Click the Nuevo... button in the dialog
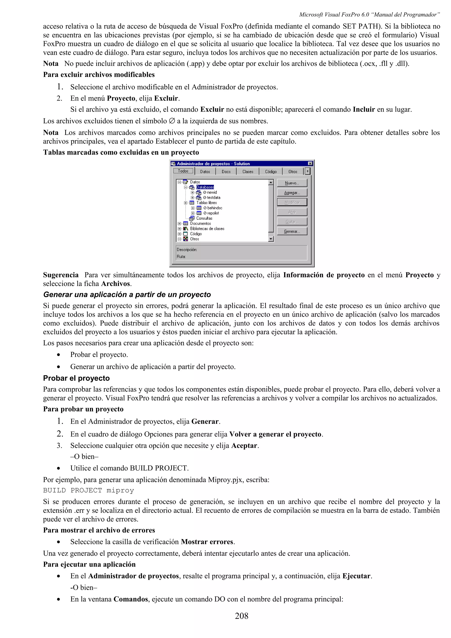[x=292, y=183]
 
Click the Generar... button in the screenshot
[x=292, y=231]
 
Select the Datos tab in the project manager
[x=205, y=171]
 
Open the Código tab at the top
[x=271, y=171]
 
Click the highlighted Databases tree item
[x=205, y=187]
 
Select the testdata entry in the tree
[x=213, y=197]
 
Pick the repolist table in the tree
[x=213, y=213]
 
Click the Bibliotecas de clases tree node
[x=207, y=229]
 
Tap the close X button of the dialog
[x=310, y=163]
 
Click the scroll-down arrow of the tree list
[x=271, y=239]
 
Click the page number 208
[x=242, y=616]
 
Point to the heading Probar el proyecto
[x=76, y=378]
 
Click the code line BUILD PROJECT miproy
[x=88, y=490]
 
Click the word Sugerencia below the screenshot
[x=61, y=275]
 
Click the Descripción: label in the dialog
[x=187, y=249]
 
